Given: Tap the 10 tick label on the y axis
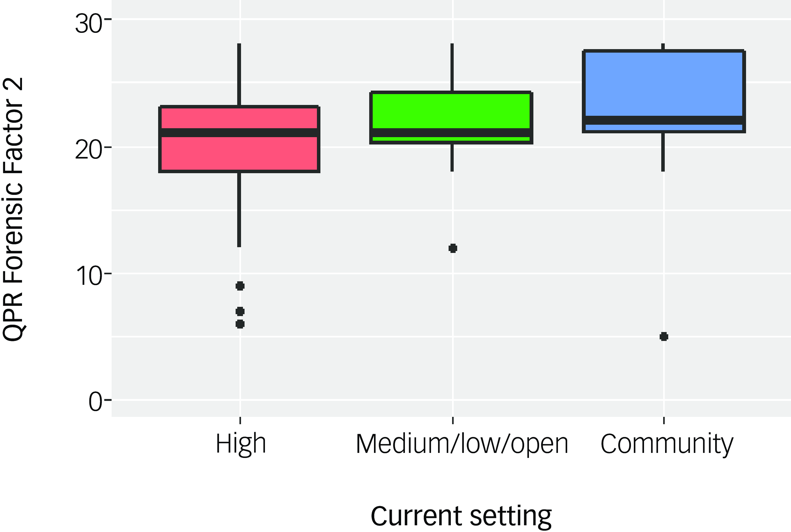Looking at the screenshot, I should point(89,276).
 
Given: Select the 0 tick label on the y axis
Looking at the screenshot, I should point(95,403).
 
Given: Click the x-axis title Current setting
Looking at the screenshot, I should point(461,516).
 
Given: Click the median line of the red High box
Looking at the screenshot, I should point(239,133).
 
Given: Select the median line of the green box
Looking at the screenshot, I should point(451,133).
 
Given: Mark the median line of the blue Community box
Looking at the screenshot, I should point(664,120).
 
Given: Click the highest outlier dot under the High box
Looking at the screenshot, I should point(240,286).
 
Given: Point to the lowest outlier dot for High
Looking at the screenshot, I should point(240,324).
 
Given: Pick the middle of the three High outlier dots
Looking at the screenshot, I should point(240,311).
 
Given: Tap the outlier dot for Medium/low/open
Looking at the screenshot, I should point(453,248).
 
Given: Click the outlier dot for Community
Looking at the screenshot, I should point(664,336).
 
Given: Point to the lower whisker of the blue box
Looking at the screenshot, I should point(663,152).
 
